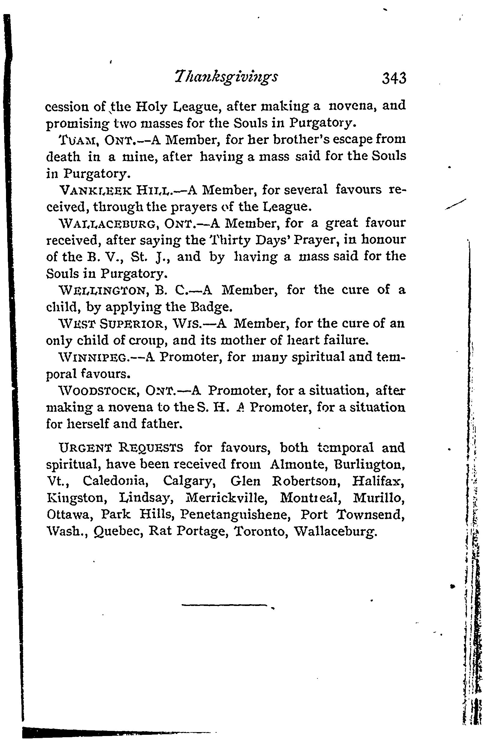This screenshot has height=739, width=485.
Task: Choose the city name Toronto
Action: pyautogui.click(x=260, y=531)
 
